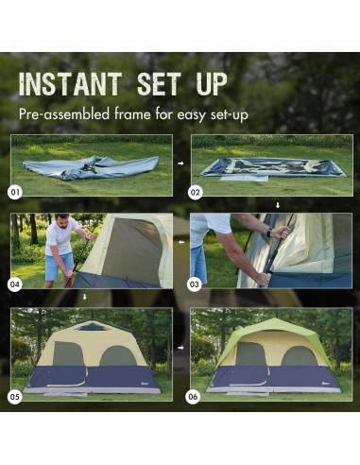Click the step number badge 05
click(15, 397)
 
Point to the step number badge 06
click(196, 397)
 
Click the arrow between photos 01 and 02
click(180, 164)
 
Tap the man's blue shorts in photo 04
click(59, 266)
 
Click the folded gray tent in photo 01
click(90, 168)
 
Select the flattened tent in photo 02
click(272, 167)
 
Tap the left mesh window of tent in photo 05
click(67, 354)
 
